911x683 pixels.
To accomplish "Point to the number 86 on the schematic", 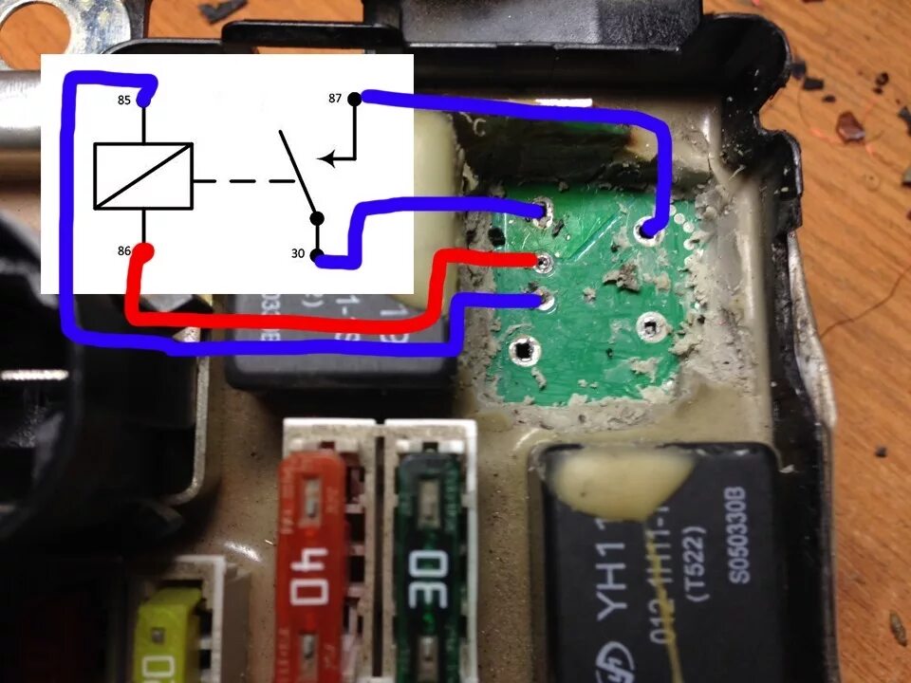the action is pos(124,251).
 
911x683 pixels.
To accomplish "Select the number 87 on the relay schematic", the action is pos(335,98).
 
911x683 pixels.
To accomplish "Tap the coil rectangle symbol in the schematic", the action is pos(143,175).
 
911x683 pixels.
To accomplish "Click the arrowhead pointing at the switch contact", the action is pos(325,159).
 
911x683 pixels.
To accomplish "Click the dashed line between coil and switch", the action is pos(242,179).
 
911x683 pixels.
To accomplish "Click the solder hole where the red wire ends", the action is pos(543,260).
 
